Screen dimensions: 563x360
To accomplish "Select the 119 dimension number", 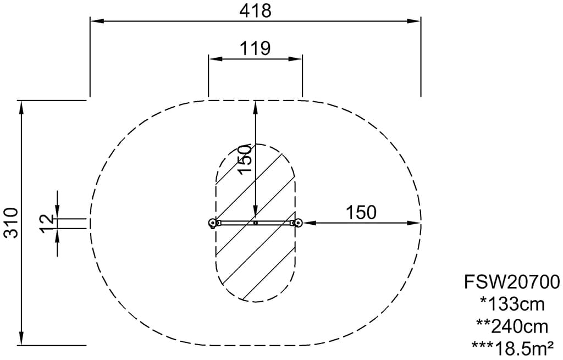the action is coord(255,48).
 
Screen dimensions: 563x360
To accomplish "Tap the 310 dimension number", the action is coord(11,223).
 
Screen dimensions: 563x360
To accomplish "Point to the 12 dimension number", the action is coord(47,224).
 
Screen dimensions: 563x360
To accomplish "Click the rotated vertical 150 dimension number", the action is coord(245,159).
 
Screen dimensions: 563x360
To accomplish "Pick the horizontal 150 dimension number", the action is coord(361,213).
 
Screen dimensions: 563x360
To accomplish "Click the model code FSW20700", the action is coord(512,282).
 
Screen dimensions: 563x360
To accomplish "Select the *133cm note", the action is coord(512,304).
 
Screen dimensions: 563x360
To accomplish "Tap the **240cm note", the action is coord(512,326).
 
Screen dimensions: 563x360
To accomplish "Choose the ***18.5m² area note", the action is coord(512,348).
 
